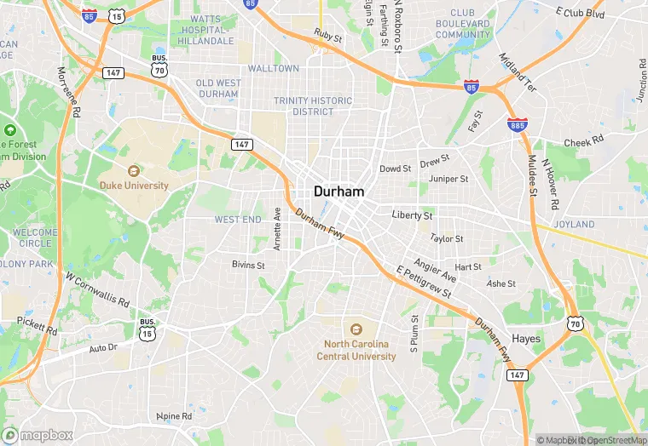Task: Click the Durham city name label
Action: click(x=339, y=192)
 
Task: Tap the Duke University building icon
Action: click(x=132, y=171)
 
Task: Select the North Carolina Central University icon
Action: click(x=356, y=329)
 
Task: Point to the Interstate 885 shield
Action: click(x=517, y=124)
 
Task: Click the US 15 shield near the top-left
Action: click(x=117, y=16)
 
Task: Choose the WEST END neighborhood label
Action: click(x=238, y=220)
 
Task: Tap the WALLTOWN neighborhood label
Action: click(x=273, y=68)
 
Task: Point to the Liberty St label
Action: click(x=412, y=216)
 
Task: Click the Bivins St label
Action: click(x=249, y=265)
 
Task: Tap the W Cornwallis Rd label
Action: click(x=97, y=289)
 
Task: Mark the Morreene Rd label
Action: click(x=68, y=93)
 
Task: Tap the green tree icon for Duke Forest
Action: click(x=9, y=130)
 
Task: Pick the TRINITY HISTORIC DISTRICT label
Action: click(x=313, y=106)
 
